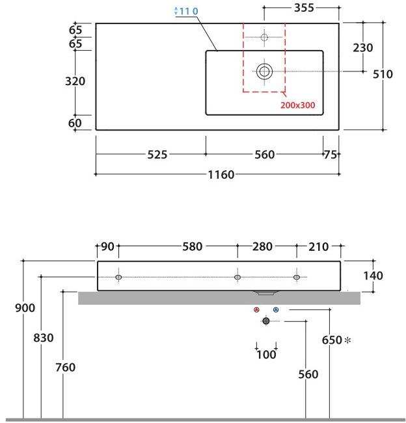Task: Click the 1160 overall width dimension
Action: tap(221, 175)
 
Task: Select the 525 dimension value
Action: tap(157, 155)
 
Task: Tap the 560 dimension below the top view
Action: tap(264, 155)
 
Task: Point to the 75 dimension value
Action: tap(331, 155)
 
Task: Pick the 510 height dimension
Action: tap(383, 74)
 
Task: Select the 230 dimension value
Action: tap(362, 47)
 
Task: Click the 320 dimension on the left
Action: tap(75, 81)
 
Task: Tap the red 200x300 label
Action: tap(302, 105)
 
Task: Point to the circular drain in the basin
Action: tap(264, 71)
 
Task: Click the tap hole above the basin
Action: tap(264, 37)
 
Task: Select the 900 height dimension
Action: tap(25, 308)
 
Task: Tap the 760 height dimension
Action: tap(65, 367)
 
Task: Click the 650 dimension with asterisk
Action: tap(335, 340)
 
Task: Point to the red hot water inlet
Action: tap(257, 311)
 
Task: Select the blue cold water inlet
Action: tap(276, 311)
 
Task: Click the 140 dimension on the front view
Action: tap(372, 276)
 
